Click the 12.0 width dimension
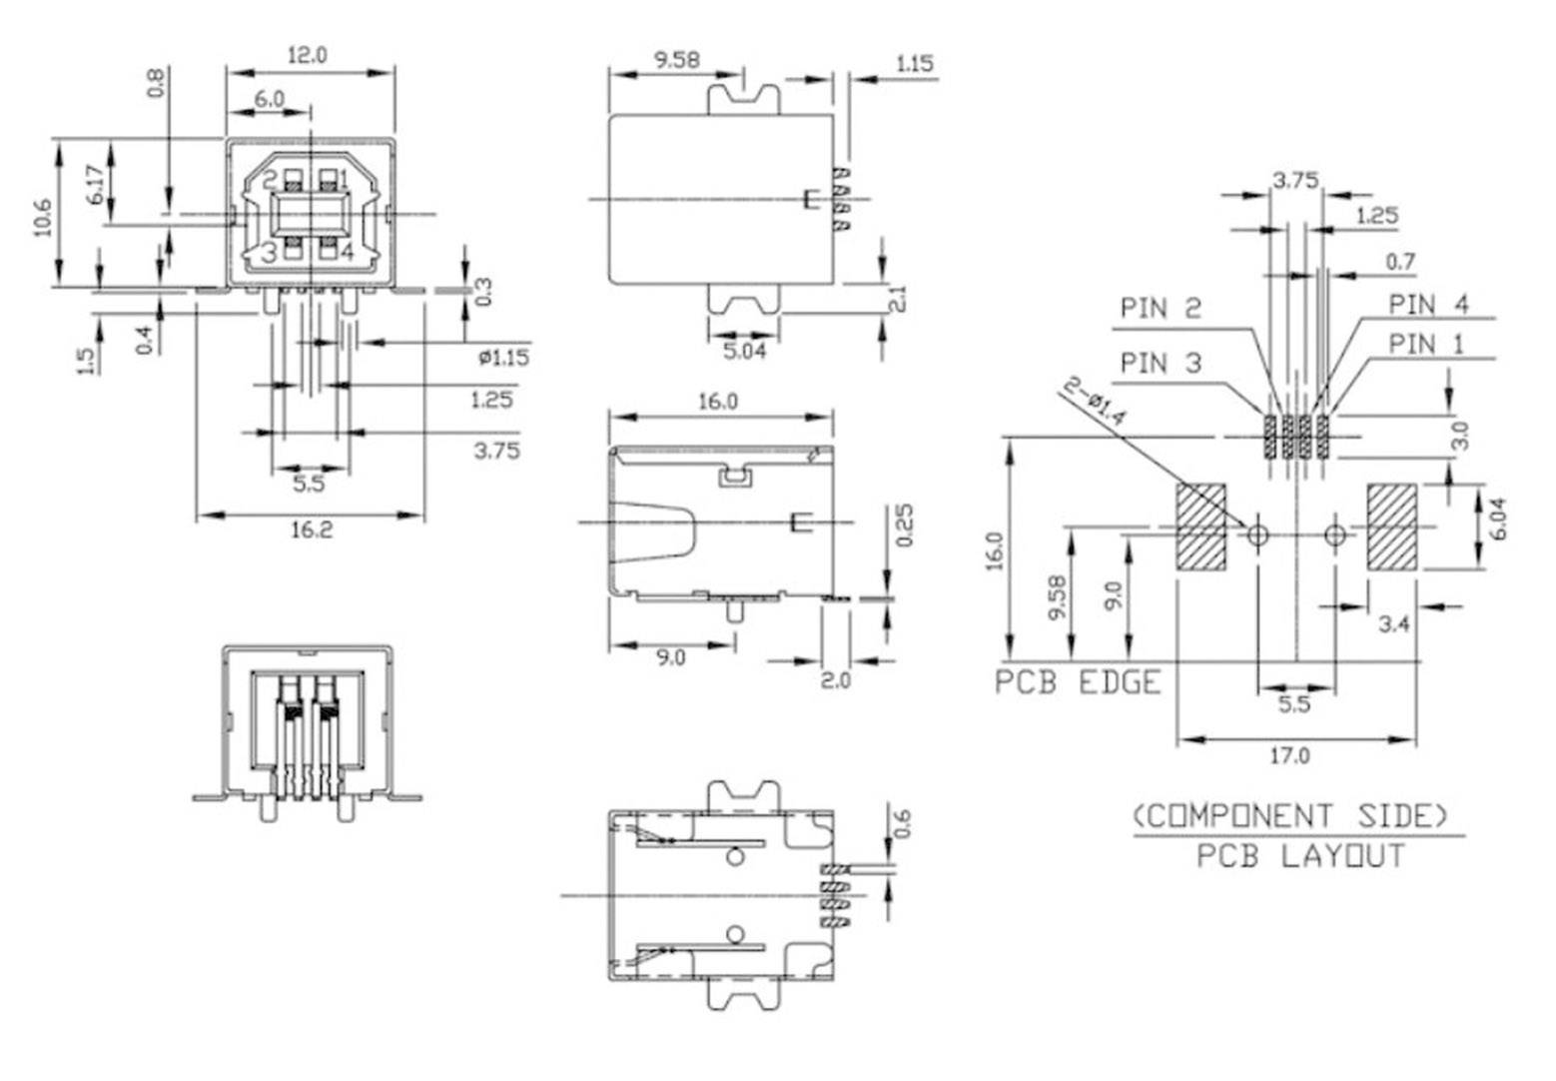click(x=307, y=56)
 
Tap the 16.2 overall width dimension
click(x=311, y=531)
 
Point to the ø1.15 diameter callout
click(x=503, y=357)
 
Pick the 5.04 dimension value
click(x=743, y=351)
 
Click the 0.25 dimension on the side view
click(x=905, y=526)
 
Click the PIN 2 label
click(x=1161, y=308)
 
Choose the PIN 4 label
click(x=1428, y=304)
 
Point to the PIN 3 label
click(x=1161, y=363)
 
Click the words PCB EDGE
click(x=1079, y=683)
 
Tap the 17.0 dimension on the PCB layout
click(x=1289, y=756)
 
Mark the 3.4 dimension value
click(x=1393, y=624)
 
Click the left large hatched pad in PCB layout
click(x=1201, y=527)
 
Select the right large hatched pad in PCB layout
click(x=1392, y=527)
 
